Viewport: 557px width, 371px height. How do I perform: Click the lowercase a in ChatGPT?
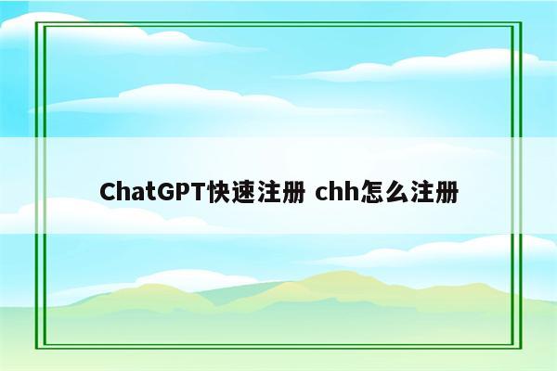136,194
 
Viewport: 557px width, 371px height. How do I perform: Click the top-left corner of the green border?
36,21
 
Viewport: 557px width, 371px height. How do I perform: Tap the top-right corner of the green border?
521,21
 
